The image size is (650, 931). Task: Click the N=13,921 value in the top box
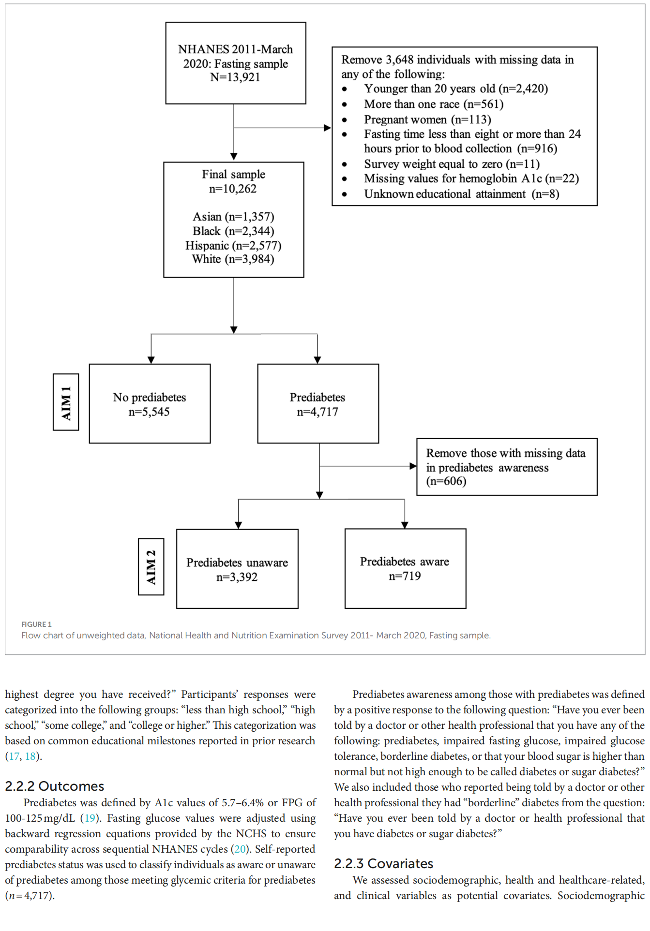[235, 77]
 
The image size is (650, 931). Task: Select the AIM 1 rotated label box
[66, 402]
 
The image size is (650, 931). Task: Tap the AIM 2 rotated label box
[151, 566]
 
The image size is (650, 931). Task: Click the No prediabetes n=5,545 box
[150, 404]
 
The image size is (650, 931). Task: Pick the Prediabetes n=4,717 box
[318, 404]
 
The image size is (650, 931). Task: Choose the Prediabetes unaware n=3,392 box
[237, 569]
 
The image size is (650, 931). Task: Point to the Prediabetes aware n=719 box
[405, 568]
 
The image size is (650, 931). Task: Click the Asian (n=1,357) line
[233, 217]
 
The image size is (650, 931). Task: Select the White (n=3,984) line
[233, 259]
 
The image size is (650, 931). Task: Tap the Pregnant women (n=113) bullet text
[427, 119]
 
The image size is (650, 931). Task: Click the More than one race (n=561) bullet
[434, 104]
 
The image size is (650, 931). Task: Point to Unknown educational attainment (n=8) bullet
[461, 194]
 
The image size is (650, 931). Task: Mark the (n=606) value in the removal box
[446, 481]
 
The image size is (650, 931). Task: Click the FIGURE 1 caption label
[36, 624]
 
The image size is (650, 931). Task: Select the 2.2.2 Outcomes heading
[55, 786]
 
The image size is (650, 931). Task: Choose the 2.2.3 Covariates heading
[383, 864]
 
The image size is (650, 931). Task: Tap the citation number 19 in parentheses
[90, 818]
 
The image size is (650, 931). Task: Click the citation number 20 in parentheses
[240, 849]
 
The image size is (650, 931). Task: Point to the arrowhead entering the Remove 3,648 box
[328, 128]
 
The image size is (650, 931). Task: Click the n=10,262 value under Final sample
[233, 189]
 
